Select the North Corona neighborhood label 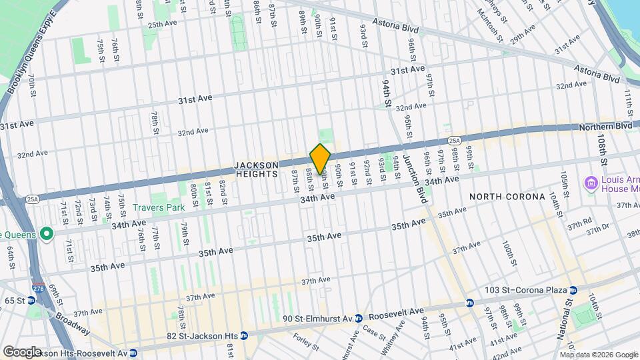tap(507, 197)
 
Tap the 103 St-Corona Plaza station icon tap(573, 289)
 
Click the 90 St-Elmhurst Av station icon tap(358, 318)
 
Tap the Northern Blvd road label tap(604, 126)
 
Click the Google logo tap(22, 351)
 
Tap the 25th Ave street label tap(162, 25)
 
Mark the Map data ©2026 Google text tap(599, 354)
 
